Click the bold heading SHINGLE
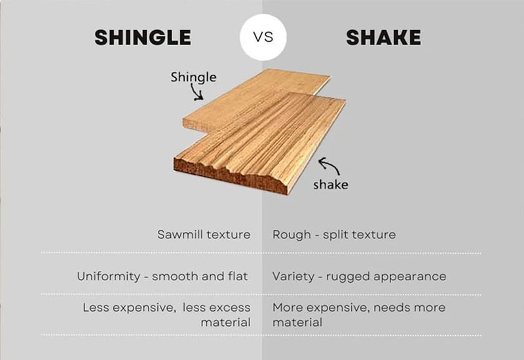(x=143, y=38)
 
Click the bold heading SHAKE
(x=384, y=38)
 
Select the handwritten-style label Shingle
(x=193, y=77)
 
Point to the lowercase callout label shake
(x=331, y=184)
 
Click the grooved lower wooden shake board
(x=262, y=141)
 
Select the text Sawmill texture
(x=204, y=234)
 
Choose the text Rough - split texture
(x=334, y=234)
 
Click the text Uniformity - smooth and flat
(x=162, y=276)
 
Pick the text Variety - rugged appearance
(x=359, y=276)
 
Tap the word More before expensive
(x=286, y=307)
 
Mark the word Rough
(x=289, y=234)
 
